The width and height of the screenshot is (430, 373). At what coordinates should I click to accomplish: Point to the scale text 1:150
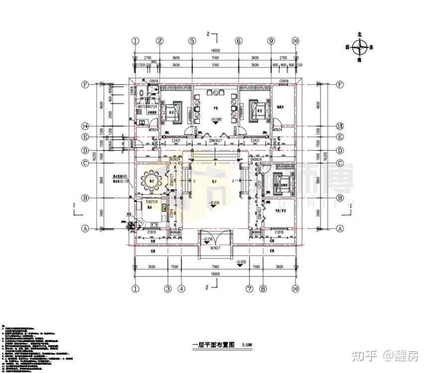pos(247,345)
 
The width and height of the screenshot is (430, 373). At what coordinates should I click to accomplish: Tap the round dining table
pos(150,179)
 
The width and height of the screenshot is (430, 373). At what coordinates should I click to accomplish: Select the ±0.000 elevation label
pos(216,120)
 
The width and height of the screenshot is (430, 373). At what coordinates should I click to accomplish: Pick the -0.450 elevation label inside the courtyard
pos(215,203)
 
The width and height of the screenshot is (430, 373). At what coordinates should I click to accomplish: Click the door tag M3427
pos(215,248)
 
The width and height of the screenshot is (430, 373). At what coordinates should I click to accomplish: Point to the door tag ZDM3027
pos(215,141)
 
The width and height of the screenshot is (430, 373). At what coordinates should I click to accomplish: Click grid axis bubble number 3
pos(168,288)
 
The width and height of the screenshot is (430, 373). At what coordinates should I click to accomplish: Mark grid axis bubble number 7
pos(249,288)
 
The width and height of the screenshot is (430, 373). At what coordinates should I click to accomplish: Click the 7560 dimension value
pos(215,266)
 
